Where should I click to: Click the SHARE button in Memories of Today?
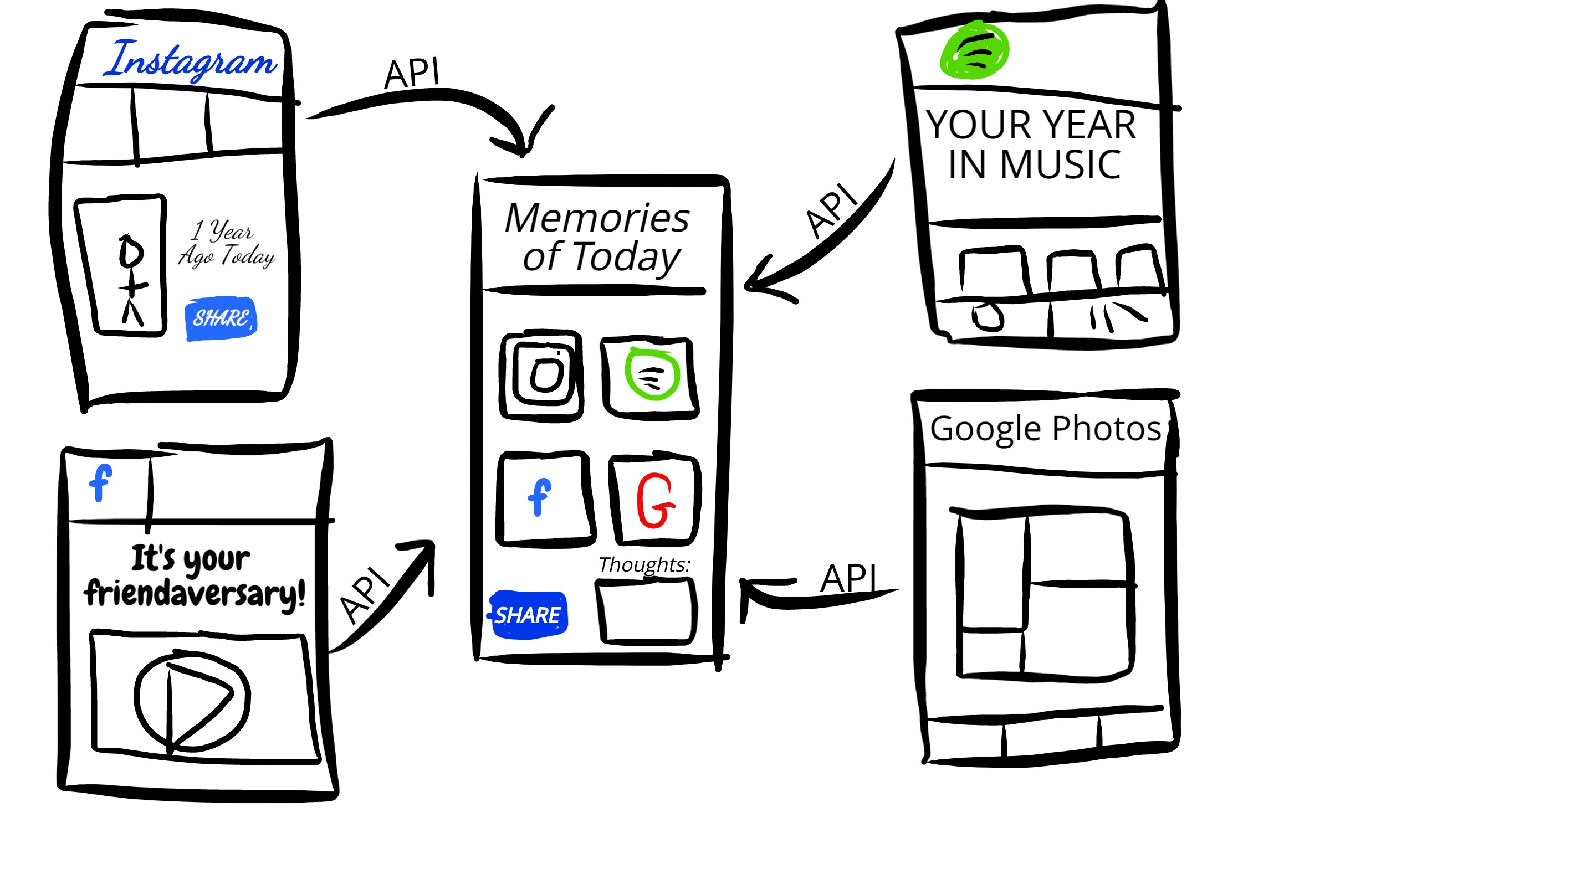click(529, 614)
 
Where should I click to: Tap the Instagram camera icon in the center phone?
click(542, 376)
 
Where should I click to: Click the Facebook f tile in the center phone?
click(545, 498)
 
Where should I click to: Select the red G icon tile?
click(656, 501)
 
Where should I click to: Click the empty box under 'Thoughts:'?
click(646, 611)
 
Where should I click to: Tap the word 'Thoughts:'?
click(644, 565)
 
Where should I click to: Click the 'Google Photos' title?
click(1045, 429)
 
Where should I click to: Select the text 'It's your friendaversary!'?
click(195, 577)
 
